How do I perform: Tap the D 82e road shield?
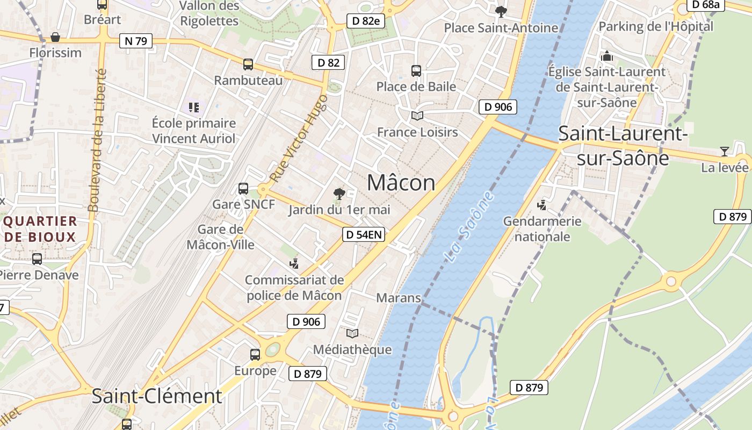click(366, 21)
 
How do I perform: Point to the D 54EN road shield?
click(364, 234)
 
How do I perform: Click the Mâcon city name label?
click(401, 183)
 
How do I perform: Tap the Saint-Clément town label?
click(156, 396)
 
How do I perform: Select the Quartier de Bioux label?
click(40, 229)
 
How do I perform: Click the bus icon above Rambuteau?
click(248, 64)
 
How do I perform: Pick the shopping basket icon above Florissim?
click(55, 37)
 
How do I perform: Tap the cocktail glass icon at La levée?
click(724, 152)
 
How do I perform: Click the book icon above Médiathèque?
click(352, 334)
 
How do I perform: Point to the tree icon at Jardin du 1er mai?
click(339, 194)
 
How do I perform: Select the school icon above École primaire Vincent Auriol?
click(193, 107)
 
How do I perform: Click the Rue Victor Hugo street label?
click(299, 138)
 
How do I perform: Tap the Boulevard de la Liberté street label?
click(97, 140)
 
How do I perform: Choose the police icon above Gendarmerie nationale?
click(542, 205)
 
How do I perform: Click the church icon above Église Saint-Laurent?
click(607, 55)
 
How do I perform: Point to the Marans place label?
click(398, 297)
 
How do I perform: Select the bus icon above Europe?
click(255, 355)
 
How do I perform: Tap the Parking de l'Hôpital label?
click(655, 26)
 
